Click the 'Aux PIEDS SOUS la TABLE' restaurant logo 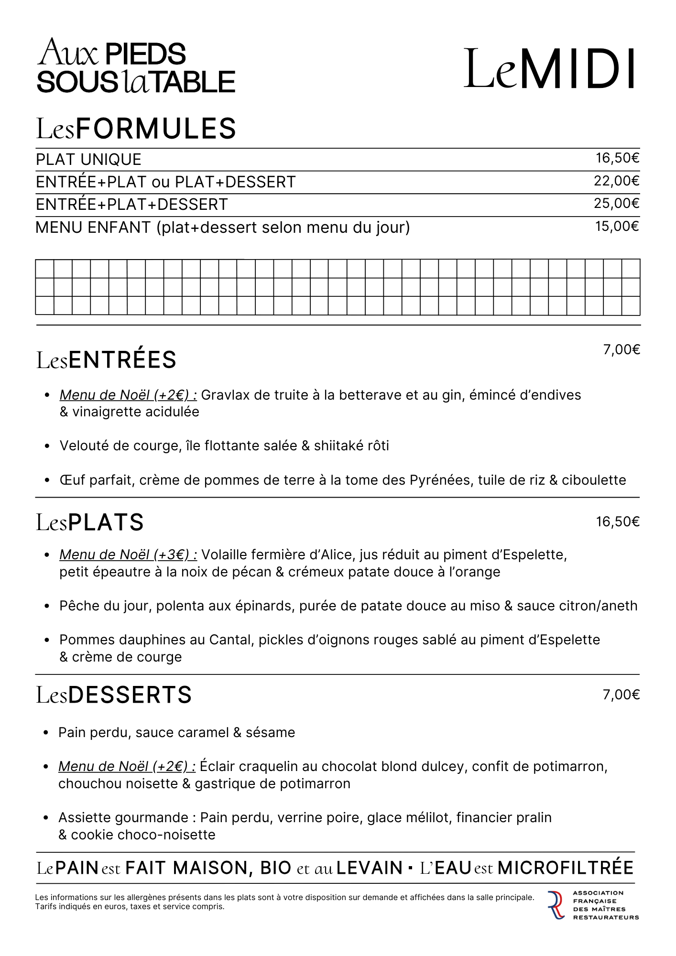click(x=136, y=66)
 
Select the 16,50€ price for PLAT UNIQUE click(x=617, y=158)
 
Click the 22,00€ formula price click(x=617, y=181)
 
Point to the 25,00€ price click(x=617, y=204)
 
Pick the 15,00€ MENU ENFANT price click(x=617, y=226)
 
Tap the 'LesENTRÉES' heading click(x=107, y=360)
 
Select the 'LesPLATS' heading click(x=90, y=522)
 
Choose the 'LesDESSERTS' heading click(x=114, y=695)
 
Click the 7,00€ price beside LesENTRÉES click(x=621, y=350)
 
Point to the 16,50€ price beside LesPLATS click(x=617, y=521)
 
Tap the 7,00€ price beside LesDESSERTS click(x=621, y=695)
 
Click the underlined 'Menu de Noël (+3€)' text click(x=128, y=555)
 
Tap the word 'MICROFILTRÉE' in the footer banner click(x=566, y=868)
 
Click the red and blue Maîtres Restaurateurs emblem click(x=556, y=905)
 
